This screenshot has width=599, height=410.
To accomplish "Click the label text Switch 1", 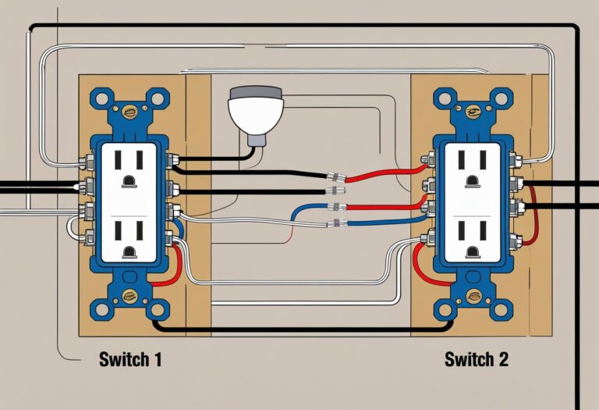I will (130, 360).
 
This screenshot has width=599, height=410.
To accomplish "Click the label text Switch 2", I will (475, 360).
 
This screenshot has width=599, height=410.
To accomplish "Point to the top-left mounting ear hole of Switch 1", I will (101, 98).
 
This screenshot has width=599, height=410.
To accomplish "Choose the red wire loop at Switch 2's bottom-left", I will (421, 266).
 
